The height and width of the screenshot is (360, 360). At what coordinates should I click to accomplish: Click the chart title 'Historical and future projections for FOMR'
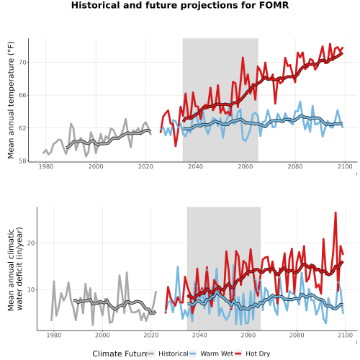click(180, 5)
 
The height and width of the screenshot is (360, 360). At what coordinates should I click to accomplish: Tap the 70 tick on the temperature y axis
click(22, 63)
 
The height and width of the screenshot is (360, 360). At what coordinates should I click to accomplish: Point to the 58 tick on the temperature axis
click(22, 161)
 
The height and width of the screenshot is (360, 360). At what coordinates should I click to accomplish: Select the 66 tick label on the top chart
click(22, 95)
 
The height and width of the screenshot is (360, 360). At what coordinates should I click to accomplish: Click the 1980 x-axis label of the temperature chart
click(46, 166)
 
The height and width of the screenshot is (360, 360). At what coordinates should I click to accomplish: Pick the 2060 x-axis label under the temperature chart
click(246, 166)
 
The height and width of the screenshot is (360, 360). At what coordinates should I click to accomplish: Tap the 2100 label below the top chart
click(345, 166)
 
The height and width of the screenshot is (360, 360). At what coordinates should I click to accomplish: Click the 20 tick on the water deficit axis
click(31, 243)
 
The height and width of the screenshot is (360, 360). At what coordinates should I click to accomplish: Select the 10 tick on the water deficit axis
click(31, 289)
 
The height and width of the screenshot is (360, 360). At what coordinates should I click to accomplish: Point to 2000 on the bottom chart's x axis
click(102, 335)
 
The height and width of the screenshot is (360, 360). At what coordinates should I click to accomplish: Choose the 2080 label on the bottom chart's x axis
click(297, 335)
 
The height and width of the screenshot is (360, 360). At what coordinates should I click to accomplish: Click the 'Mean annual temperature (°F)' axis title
click(11, 100)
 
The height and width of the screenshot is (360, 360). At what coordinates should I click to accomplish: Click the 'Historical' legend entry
click(174, 354)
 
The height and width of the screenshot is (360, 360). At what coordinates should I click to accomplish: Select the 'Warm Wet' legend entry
click(217, 354)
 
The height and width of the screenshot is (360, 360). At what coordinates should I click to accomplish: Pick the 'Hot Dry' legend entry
click(258, 354)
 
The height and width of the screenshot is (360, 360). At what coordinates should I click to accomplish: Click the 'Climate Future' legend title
click(120, 354)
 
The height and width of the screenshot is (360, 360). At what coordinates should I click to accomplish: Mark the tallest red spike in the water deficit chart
click(336, 212)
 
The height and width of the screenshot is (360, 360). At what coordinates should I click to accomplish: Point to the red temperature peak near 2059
click(243, 58)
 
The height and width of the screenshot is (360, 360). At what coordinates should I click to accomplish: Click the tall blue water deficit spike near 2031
click(178, 266)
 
